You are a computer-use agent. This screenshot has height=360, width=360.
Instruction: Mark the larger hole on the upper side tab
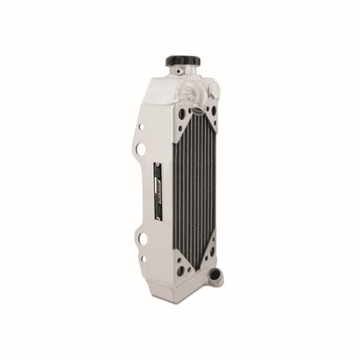click(x=140, y=150)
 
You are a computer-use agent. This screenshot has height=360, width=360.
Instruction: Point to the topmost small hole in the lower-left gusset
click(x=184, y=235)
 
